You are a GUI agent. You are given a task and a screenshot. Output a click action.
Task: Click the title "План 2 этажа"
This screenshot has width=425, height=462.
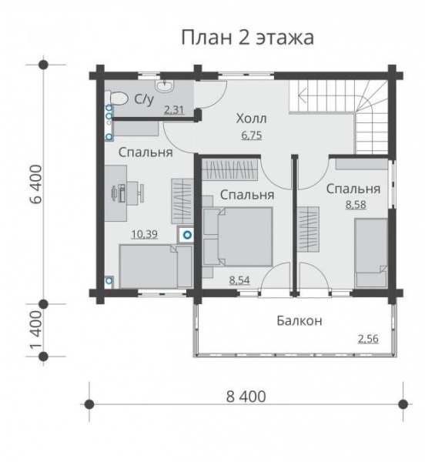point(246,38)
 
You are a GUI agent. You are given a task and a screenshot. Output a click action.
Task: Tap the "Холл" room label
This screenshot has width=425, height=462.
point(251,119)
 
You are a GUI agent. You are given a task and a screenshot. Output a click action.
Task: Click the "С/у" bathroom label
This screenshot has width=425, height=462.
point(144,99)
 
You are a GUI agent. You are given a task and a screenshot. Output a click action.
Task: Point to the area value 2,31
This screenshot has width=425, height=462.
point(175,110)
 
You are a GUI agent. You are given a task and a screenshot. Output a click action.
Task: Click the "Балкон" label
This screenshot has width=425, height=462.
point(299,320)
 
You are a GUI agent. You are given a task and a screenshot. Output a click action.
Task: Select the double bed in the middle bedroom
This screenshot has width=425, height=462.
point(238,238)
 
